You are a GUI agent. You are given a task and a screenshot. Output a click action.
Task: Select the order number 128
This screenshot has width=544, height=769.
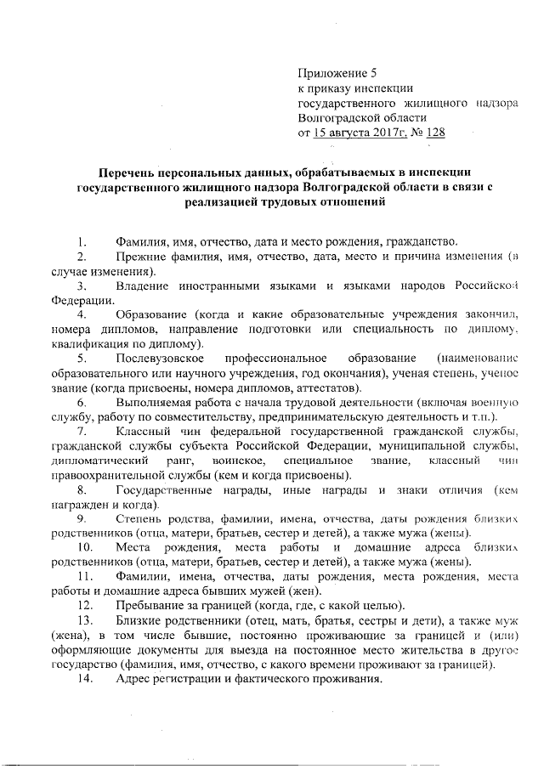tap(435, 133)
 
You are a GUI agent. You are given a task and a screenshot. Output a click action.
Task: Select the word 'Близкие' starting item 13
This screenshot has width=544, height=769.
tap(138, 619)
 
